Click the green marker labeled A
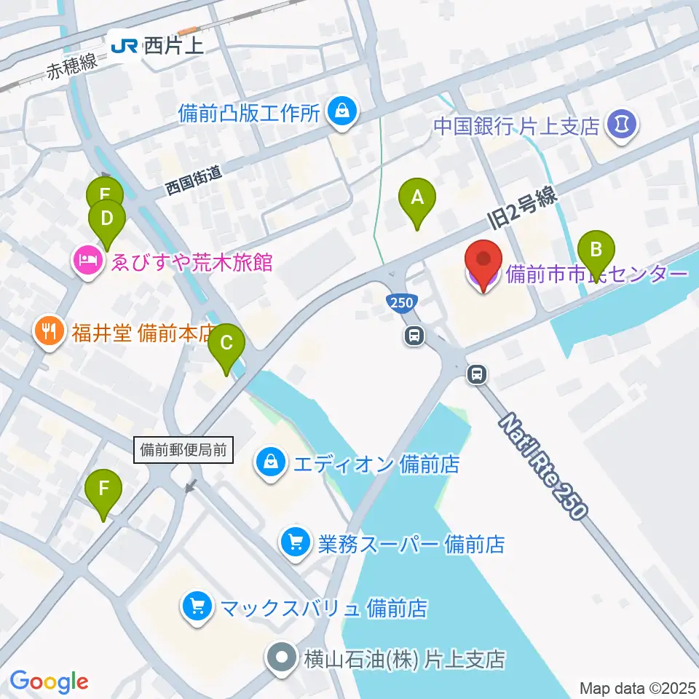coord(417,198)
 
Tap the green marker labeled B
coord(596,251)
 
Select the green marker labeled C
coord(226,344)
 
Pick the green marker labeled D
coord(107,220)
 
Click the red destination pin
coord(484,261)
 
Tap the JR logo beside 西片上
coord(124,47)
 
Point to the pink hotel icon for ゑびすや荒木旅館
coord(87,260)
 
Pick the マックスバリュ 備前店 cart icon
coord(197,607)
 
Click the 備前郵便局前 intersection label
coord(184,450)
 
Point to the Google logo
coord(49,681)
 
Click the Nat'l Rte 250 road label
coord(543,465)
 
